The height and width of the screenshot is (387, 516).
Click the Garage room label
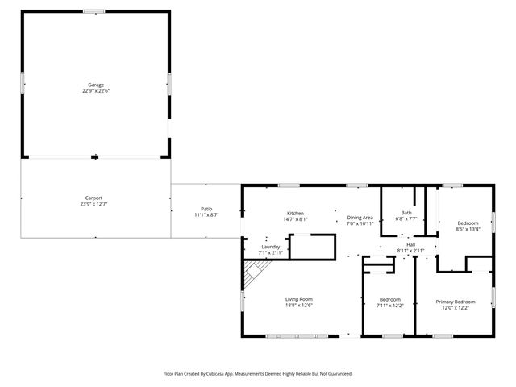[x=96, y=85]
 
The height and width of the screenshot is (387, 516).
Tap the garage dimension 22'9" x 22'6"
[x=96, y=91]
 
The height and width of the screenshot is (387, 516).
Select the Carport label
[x=94, y=198]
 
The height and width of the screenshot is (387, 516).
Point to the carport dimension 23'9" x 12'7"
[x=94, y=204]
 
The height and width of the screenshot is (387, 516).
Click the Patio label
[x=206, y=208]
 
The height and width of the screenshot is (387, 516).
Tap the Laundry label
[x=270, y=248]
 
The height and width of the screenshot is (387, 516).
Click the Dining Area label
[x=360, y=217]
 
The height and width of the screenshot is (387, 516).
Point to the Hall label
[x=410, y=244]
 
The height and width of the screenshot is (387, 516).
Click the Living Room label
[x=298, y=298]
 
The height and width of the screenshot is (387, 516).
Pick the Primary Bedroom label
[x=456, y=302]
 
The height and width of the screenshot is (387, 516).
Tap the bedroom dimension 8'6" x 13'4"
[x=468, y=229]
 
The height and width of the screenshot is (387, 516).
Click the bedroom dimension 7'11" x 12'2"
[x=389, y=306]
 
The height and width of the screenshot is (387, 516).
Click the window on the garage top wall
[x=94, y=11]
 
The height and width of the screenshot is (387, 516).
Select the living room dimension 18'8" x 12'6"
[x=298, y=305]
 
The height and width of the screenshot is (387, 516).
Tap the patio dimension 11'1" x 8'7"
[x=206, y=214]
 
